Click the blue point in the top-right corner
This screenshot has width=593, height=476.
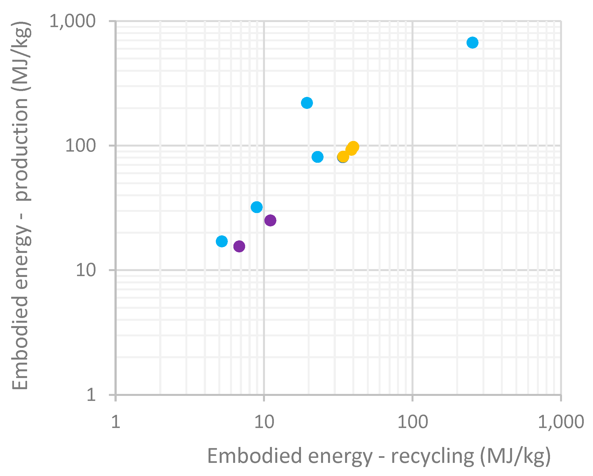coord(472,42)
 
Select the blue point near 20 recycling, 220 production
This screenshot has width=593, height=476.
coord(307,103)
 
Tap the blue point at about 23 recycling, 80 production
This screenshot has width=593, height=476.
coord(317,157)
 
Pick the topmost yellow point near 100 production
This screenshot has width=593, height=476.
coord(353,147)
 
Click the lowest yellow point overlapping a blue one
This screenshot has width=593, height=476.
coord(343,157)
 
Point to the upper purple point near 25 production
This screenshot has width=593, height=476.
coord(270,220)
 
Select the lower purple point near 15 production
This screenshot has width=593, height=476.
coord(239,246)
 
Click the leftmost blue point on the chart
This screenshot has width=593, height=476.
coord(222,241)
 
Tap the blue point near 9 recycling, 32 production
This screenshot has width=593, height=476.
coord(257,207)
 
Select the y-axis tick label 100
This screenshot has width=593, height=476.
coord(80,145)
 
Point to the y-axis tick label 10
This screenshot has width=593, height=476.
coord(85,270)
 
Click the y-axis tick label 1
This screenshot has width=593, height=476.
coord(91,395)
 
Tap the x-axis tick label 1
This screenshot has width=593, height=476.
coord(116,422)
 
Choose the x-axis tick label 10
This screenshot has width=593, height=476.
coord(264,422)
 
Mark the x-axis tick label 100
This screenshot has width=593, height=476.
coord(412,422)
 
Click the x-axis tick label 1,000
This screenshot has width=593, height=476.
coord(561,422)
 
